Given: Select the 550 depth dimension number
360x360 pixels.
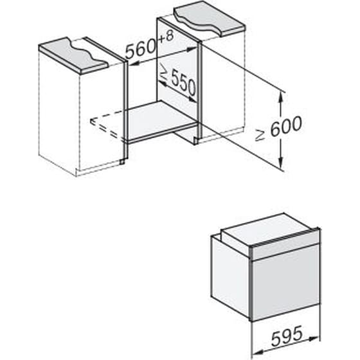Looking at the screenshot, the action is [x=183, y=83].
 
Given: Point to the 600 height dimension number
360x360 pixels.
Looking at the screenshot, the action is [x=286, y=126].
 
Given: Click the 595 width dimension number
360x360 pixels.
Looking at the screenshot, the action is [x=287, y=336].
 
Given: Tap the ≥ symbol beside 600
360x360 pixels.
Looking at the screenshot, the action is [x=260, y=136].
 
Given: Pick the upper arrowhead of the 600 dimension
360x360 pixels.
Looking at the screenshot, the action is [x=280, y=97].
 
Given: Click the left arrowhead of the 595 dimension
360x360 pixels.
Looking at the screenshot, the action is [x=258, y=352].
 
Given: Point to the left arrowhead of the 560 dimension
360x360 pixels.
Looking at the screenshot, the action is [x=133, y=64].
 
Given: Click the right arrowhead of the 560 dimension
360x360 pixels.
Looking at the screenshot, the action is [x=193, y=49].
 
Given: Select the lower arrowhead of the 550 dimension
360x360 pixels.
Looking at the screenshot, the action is [x=193, y=100].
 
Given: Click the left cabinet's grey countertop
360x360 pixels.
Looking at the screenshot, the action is [x=73, y=55].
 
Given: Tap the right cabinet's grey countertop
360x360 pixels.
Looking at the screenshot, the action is [x=208, y=18].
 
